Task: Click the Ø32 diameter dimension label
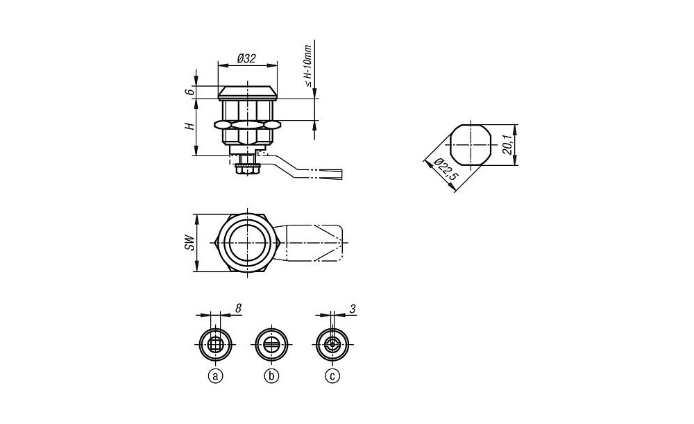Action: tap(246, 58)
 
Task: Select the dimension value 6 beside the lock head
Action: tap(189, 92)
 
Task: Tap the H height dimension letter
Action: tap(190, 126)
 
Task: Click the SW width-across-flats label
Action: tap(190, 243)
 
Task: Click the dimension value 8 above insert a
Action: tap(238, 309)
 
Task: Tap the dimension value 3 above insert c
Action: tap(353, 309)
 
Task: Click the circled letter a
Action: tap(216, 376)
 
